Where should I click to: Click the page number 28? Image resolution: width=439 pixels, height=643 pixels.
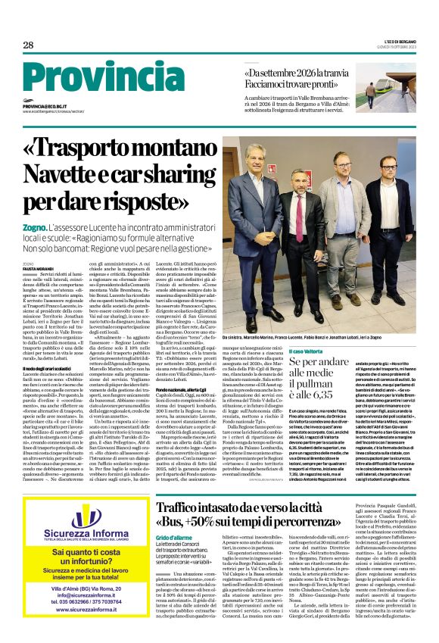(28, 45)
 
